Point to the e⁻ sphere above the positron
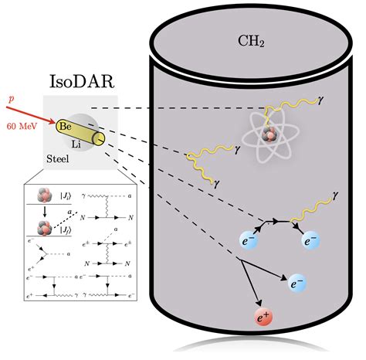(298, 284)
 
